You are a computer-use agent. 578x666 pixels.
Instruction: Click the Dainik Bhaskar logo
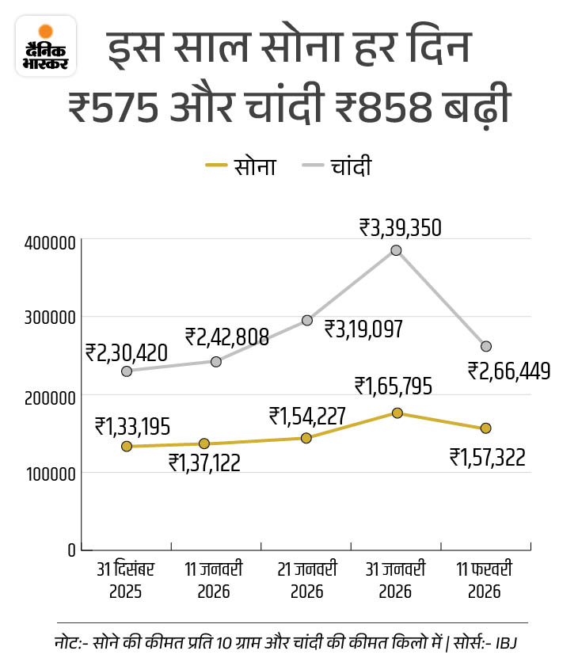point(46,46)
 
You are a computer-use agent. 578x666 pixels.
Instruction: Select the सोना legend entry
point(241,166)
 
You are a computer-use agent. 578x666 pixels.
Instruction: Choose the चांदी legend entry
point(337,166)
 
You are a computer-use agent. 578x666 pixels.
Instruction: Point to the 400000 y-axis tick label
point(49,242)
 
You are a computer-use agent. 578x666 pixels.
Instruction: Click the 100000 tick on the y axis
point(49,474)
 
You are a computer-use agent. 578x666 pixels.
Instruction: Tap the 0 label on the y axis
point(71,550)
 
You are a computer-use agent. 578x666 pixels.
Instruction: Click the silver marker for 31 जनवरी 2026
point(396,250)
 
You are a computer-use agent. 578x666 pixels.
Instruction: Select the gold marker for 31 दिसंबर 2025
point(126,447)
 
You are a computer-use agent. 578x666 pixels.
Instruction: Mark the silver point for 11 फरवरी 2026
point(486,346)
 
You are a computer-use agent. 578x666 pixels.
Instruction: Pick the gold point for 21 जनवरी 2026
point(306,438)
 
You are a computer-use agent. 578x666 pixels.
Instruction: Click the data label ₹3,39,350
point(400,228)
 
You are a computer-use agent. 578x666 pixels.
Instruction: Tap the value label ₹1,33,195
point(132,426)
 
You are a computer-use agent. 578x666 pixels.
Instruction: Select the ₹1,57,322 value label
point(488,457)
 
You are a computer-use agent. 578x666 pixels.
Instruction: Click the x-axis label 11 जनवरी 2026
point(215,580)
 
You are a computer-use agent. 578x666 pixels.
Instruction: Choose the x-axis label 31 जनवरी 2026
point(396,580)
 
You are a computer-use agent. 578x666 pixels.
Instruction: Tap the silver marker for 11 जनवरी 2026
point(216,361)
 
